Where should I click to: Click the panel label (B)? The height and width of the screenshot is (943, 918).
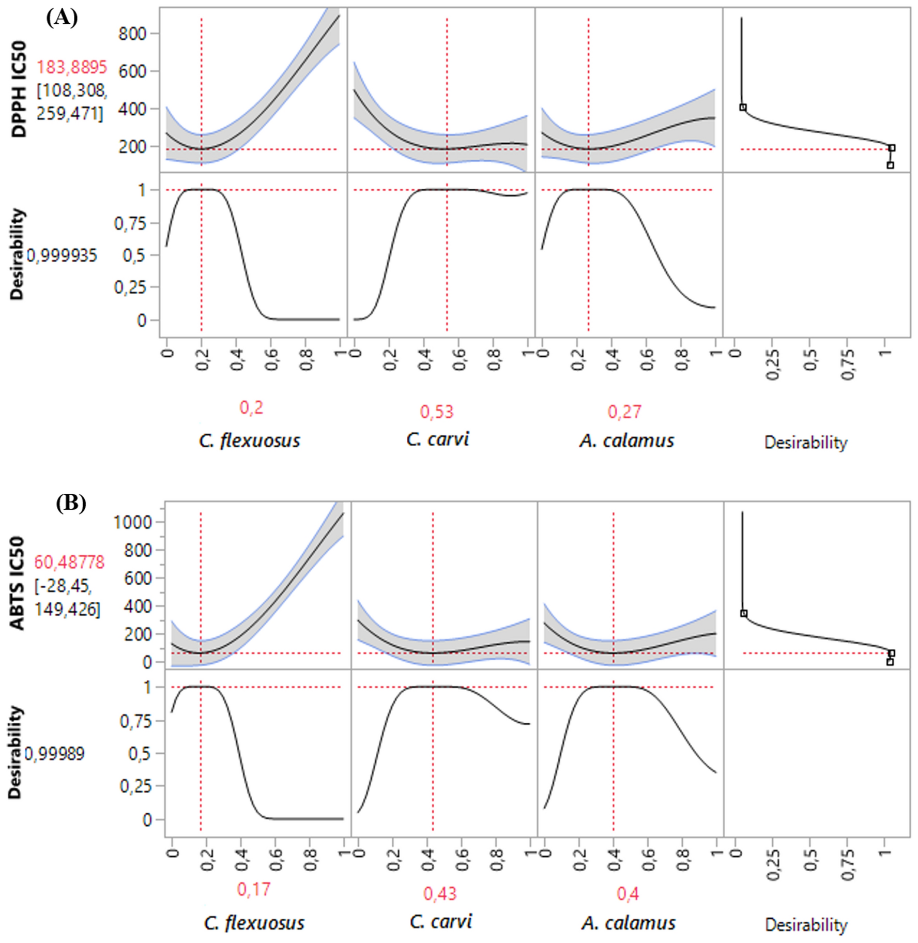(x=71, y=503)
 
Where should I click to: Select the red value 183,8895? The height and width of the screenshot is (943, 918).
(x=71, y=67)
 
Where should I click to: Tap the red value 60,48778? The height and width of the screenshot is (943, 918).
(x=69, y=561)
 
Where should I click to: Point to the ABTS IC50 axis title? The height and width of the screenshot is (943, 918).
(x=18, y=583)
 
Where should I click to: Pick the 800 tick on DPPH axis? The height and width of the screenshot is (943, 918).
(x=132, y=34)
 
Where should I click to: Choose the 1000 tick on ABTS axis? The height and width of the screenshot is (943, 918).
(x=132, y=522)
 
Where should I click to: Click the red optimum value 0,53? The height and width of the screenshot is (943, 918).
(x=436, y=412)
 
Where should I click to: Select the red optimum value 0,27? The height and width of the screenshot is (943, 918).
(x=624, y=412)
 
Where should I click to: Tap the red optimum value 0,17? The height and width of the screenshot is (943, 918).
(x=253, y=889)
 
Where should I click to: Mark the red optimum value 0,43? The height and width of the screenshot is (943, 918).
(x=440, y=893)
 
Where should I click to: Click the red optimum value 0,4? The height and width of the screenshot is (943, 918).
(x=628, y=893)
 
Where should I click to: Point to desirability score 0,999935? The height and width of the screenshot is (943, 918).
(x=62, y=255)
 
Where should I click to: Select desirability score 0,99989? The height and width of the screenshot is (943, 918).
(x=54, y=753)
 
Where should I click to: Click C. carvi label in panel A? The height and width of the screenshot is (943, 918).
(x=437, y=439)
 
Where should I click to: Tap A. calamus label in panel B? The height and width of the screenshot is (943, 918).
(x=628, y=923)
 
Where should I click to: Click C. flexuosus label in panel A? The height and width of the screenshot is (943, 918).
(x=249, y=440)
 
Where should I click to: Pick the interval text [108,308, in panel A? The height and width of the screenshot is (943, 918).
(x=71, y=90)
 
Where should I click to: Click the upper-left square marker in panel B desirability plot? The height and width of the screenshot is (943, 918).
(x=743, y=613)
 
